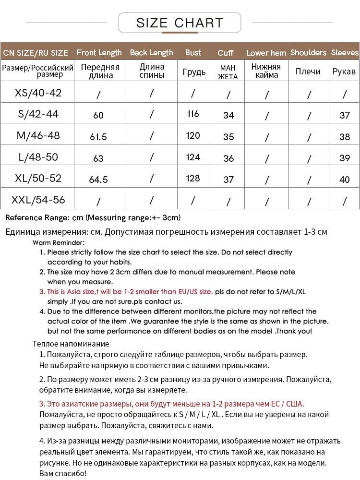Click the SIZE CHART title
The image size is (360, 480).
180,23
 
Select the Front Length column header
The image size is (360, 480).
99,52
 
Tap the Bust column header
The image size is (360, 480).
193,52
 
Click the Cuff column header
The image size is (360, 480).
226,53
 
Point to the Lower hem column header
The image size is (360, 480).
266,53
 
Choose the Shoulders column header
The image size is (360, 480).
308,52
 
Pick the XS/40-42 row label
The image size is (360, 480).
38,93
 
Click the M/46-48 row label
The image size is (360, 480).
38,135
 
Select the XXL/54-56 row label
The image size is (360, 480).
38,199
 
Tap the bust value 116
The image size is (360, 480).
193,114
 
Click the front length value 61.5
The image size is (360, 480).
98,137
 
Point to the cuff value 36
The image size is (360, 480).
228,158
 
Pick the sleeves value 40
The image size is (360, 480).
345,180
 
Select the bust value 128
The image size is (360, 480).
193,178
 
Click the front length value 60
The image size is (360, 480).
98,115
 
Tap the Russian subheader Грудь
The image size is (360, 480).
194,72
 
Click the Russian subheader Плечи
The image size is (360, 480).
308,72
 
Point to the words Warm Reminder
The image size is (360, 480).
59,242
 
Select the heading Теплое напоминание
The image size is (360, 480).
71,344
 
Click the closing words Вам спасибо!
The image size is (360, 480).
63,473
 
